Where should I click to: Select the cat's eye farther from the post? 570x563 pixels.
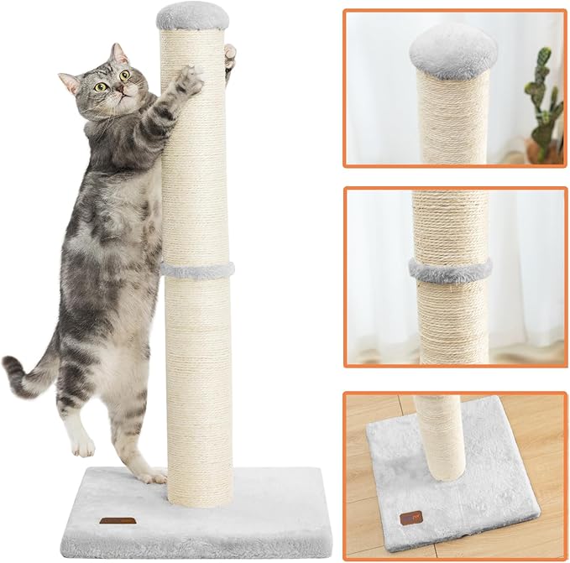pos(101,86)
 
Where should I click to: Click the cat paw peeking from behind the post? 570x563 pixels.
pos(229,57)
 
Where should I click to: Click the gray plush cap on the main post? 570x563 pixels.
pos(191,14)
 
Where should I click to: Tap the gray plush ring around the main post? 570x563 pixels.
pos(196,270)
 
